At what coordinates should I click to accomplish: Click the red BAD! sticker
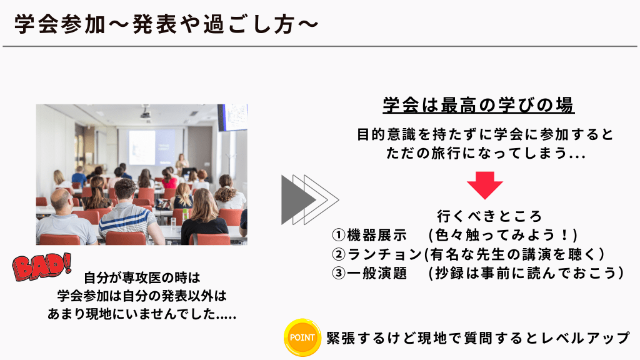tap(42, 267)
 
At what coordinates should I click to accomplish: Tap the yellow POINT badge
tap(302, 337)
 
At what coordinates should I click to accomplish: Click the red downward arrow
tap(485, 185)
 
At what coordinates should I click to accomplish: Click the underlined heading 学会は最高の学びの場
tap(479, 105)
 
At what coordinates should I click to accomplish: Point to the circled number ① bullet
tap(339, 235)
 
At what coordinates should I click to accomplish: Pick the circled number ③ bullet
tap(339, 272)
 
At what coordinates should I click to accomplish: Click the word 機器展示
tap(377, 235)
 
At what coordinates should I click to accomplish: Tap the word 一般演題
tap(377, 272)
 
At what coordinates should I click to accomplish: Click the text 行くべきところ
tap(489, 216)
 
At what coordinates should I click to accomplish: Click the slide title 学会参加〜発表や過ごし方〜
tap(166, 24)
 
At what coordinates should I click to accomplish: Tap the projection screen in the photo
tap(152, 147)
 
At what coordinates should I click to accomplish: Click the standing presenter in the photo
tap(182, 164)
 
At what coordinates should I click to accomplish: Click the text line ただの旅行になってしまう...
tap(486, 154)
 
